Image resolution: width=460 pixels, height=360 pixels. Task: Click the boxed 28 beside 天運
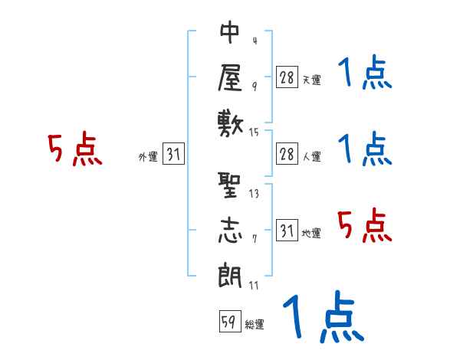pyautogui.click(x=287, y=77)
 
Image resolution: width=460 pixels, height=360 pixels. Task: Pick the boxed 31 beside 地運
pyautogui.click(x=287, y=230)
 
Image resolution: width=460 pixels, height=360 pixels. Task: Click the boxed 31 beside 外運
pyautogui.click(x=173, y=154)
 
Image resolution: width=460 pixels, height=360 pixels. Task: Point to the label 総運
pyautogui.click(x=254, y=325)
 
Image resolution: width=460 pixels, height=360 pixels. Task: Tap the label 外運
pyautogui.click(x=147, y=157)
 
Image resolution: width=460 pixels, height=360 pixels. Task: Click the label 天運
pyautogui.click(x=311, y=80)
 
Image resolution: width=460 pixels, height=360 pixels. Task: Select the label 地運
pyautogui.click(x=311, y=233)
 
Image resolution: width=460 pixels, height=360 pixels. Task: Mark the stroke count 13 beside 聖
pyautogui.click(x=254, y=194)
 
